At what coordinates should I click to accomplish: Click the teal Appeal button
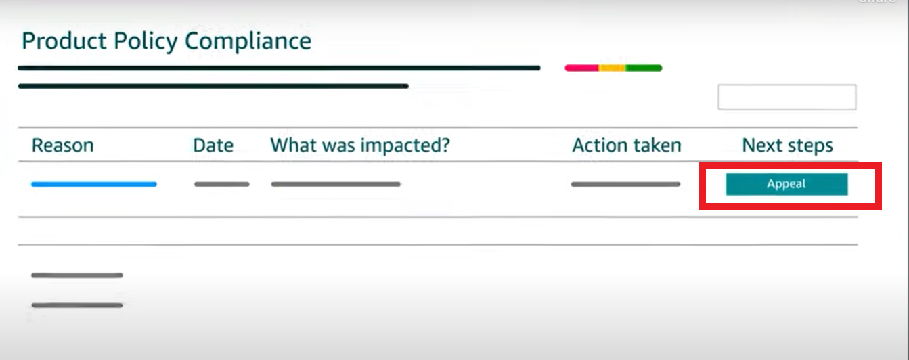point(787,184)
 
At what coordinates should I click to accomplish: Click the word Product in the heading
point(65,41)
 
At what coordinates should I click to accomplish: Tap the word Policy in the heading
point(146,41)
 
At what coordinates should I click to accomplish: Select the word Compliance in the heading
point(248,41)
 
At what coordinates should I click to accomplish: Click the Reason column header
point(62,145)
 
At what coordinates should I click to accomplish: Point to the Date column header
point(213,145)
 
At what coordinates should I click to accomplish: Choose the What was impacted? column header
point(360,145)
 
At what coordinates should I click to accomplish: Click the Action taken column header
point(627,145)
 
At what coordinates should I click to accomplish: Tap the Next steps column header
point(788,145)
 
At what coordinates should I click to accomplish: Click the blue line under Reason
point(93,184)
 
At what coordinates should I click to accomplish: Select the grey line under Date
point(221,184)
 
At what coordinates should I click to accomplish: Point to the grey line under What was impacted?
point(336,184)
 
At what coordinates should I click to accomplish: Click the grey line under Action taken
point(625,184)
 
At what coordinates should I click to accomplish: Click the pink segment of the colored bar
point(582,68)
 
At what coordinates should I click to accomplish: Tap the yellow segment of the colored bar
point(613,68)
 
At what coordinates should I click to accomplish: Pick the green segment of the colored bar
point(644,68)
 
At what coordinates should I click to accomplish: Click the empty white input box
point(787,97)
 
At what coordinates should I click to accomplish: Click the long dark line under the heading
point(279,68)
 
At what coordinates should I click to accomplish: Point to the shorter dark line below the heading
point(213,86)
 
